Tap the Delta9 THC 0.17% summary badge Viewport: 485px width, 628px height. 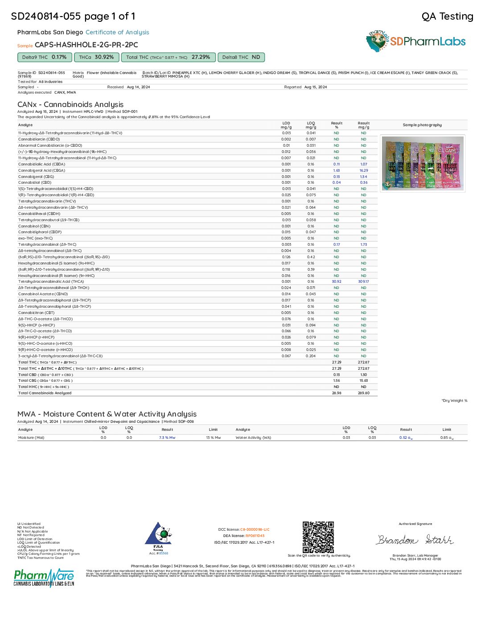[44, 57]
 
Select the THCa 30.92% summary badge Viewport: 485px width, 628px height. [96, 57]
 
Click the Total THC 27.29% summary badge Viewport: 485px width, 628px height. [168, 57]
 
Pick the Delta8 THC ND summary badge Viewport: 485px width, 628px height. [241, 57]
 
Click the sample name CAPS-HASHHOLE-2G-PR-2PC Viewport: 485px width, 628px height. [86, 45]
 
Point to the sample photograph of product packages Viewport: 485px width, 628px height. [423, 163]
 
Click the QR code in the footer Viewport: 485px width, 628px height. [318, 537]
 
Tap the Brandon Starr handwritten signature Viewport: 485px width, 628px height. [415, 540]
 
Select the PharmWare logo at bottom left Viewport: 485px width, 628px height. [44, 578]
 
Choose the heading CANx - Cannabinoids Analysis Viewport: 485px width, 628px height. [70, 104]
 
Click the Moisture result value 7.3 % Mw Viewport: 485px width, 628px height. [167, 438]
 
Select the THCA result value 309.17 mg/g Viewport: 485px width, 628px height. [363, 281]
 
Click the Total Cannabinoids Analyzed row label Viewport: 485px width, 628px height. [45, 393]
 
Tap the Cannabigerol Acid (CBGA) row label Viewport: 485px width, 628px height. [41, 170]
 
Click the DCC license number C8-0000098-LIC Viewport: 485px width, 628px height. [255, 529]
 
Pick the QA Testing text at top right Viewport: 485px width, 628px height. [447, 17]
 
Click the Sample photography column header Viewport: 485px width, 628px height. [422, 125]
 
